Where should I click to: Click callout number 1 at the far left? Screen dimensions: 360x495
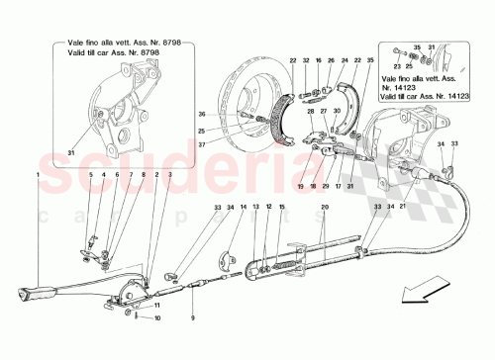pyautogui.click(x=39, y=174)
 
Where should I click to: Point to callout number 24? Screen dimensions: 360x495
pyautogui.click(x=345, y=61)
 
